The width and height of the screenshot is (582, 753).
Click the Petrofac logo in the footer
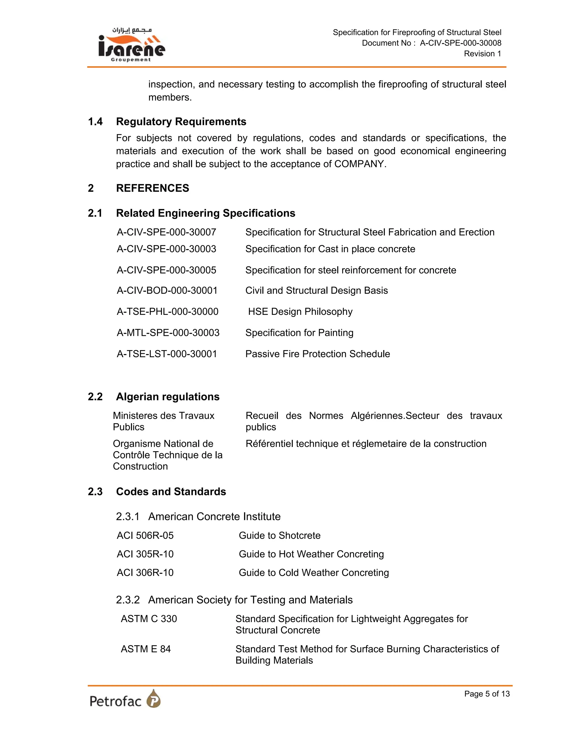click(x=125, y=699)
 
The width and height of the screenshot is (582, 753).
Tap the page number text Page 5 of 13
click(x=487, y=693)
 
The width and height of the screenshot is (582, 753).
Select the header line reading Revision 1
click(x=482, y=54)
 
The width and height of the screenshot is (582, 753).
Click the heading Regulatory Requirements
click(x=181, y=121)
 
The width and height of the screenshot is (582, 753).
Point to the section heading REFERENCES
click(x=152, y=188)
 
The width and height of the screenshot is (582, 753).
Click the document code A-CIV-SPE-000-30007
click(x=166, y=232)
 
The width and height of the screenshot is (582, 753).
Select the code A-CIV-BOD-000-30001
click(x=167, y=290)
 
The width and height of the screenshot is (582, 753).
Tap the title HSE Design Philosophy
click(x=300, y=311)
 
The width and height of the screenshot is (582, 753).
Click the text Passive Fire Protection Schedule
click(x=317, y=354)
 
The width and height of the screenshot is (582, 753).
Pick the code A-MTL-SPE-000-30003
click(x=168, y=332)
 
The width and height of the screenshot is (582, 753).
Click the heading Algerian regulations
click(x=168, y=396)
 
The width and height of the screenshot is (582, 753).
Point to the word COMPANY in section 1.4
click(x=359, y=164)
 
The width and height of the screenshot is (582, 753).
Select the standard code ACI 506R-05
click(x=145, y=535)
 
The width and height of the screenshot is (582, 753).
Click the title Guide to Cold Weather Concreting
click(x=313, y=572)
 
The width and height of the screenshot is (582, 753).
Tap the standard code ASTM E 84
click(x=145, y=649)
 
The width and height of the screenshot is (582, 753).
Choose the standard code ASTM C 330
click(x=149, y=619)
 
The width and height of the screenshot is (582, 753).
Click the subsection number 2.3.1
click(x=128, y=517)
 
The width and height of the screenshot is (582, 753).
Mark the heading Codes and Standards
click(x=171, y=491)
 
